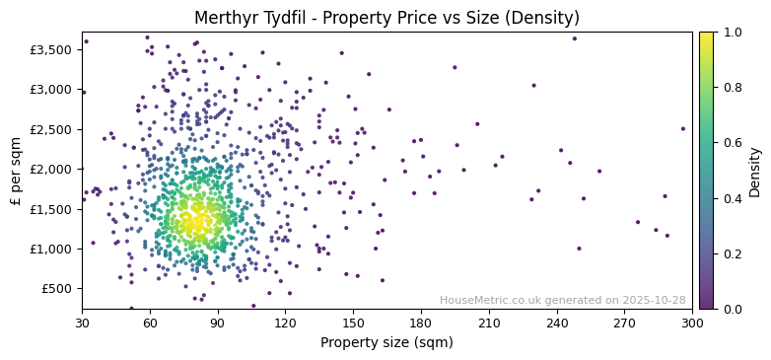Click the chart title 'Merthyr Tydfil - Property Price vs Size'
pos(386,18)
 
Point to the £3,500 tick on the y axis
pos(50,49)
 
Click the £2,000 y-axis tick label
pos(50,169)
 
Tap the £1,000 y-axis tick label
pos(50,249)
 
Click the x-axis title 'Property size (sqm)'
pos(386,343)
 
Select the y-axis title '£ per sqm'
pos(16,170)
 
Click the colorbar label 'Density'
pos(755,170)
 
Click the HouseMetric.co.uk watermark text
pos(562,300)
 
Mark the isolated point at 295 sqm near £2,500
pos(682,128)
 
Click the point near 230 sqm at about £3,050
pos(534,86)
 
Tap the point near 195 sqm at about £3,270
pos(455,68)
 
